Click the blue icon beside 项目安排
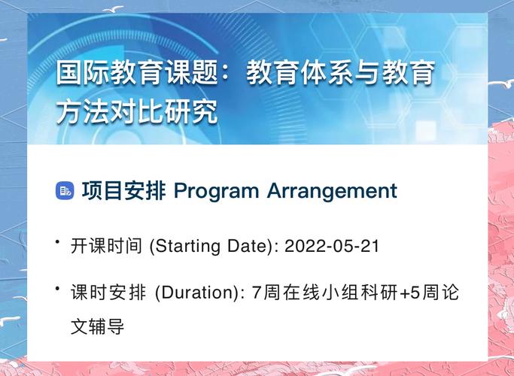point(65,191)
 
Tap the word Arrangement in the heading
point(332,191)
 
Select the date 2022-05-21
point(333,246)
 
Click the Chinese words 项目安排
point(123,191)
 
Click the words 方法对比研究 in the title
point(136,112)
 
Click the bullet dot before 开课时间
point(57,241)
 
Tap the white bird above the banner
point(114,9)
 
